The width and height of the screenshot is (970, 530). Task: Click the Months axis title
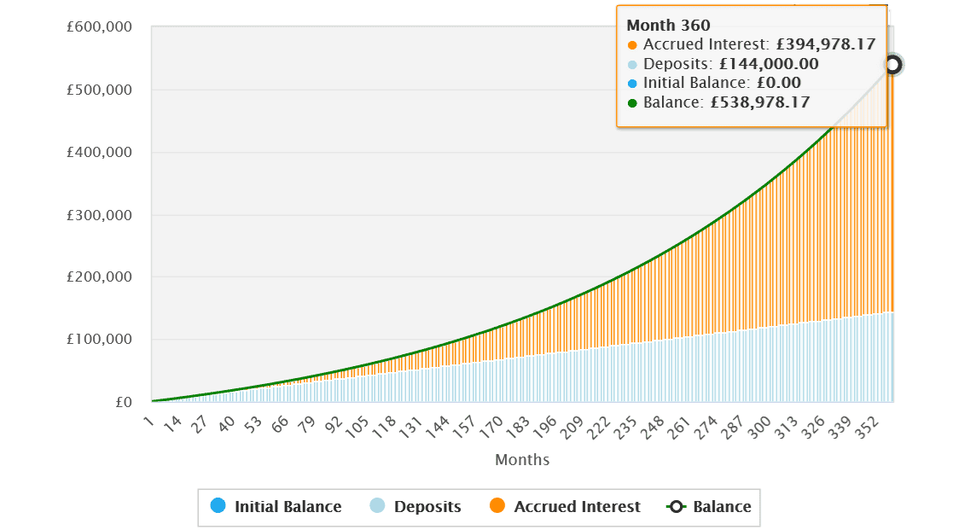[522, 460]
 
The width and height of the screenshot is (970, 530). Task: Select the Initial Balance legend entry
[276, 507]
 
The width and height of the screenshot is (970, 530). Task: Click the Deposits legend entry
[416, 507]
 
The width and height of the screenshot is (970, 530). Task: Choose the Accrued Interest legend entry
[566, 507]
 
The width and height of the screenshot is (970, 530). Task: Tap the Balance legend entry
[711, 507]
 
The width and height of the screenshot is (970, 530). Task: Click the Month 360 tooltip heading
[668, 26]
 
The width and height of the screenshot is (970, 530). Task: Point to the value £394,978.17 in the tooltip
[826, 45]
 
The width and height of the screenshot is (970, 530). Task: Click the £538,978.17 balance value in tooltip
[760, 102]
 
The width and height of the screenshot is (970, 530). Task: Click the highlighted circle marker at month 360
[892, 65]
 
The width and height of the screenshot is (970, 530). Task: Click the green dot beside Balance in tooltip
[632, 103]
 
